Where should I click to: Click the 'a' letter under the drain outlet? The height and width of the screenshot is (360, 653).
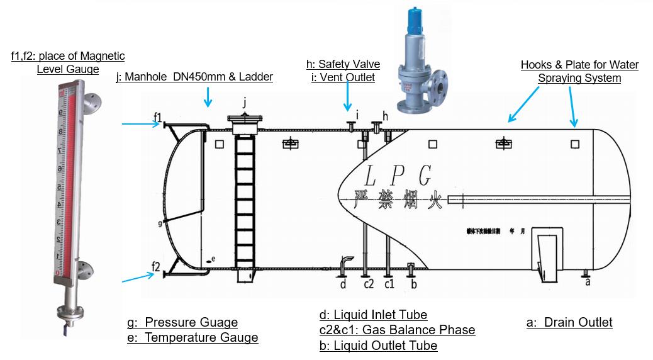pos(587,282)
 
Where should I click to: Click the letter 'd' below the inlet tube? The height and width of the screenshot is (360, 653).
pos(343,284)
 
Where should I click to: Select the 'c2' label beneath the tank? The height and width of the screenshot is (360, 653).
pos(368,284)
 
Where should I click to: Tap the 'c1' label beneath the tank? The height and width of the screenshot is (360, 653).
pos(389,284)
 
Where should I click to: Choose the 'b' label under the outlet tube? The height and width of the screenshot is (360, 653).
pos(413,284)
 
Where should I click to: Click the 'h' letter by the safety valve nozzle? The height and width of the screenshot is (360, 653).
pos(386,116)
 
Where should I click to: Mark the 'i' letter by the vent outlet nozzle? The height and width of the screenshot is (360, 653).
pos(357,115)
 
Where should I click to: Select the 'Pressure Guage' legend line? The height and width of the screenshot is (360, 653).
pos(182,322)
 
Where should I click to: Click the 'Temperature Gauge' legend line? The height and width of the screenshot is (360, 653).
pos(193,337)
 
